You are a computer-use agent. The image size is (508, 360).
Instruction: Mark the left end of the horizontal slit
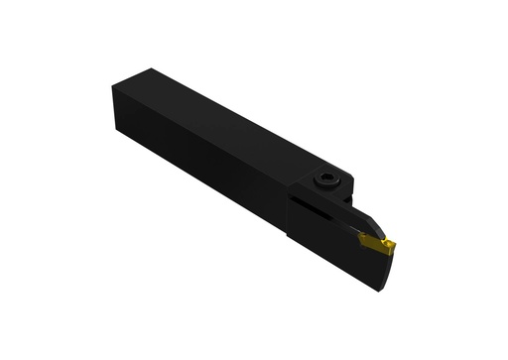(x=294, y=199)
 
